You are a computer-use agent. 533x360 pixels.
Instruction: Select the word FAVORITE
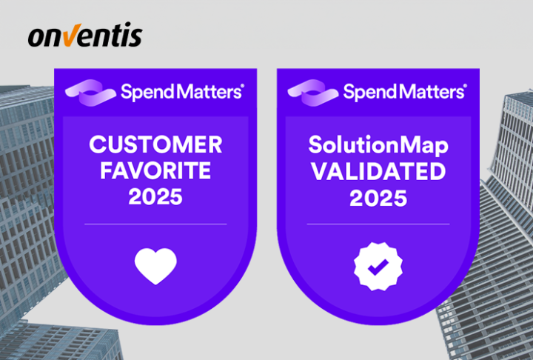tap(156, 170)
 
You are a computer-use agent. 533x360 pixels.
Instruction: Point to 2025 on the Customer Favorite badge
tap(156, 198)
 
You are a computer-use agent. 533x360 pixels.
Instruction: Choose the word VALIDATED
tap(378, 171)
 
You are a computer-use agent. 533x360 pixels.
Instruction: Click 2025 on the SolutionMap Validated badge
tap(378, 199)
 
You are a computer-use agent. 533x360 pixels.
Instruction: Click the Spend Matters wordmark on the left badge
tap(181, 92)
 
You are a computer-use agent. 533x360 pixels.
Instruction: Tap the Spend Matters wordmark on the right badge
tap(404, 92)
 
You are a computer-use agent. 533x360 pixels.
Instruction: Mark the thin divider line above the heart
tap(156, 224)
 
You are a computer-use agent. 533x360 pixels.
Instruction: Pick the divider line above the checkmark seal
tap(378, 224)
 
